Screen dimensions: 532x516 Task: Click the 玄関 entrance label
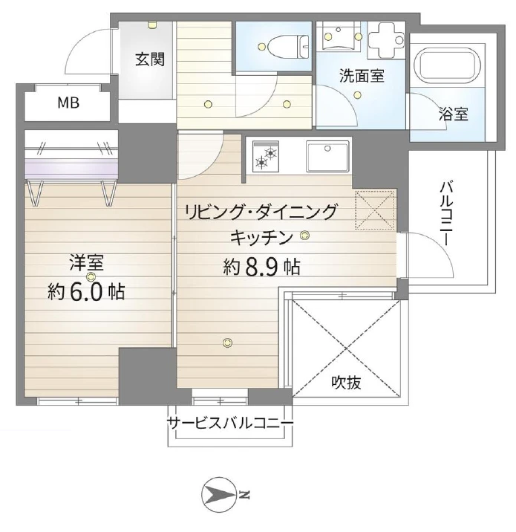pyautogui.click(x=149, y=60)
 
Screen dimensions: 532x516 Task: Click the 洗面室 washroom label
pyautogui.click(x=362, y=75)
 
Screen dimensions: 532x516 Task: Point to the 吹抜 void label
pyautogui.click(x=347, y=383)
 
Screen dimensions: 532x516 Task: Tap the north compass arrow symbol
pyautogui.click(x=221, y=493)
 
